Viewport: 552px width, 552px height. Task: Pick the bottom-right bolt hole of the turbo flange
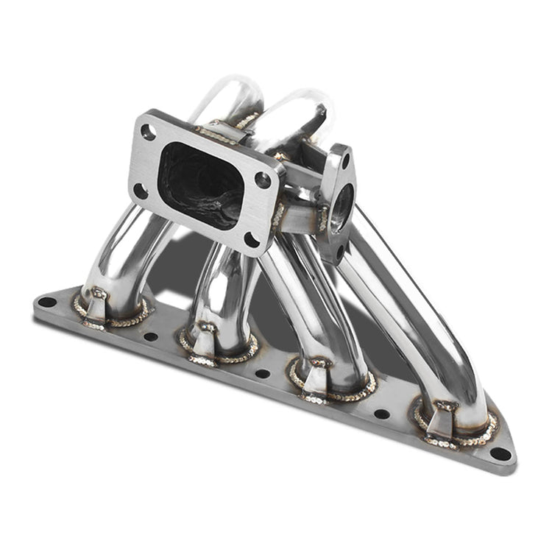point(252,239)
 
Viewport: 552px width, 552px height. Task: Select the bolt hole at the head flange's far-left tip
point(46,301)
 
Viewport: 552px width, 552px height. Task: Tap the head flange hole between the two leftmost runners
point(151,336)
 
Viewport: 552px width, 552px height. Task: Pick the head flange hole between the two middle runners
point(263,373)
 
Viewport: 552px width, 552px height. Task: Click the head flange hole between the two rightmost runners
point(382,414)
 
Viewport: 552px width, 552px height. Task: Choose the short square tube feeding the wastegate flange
point(302,217)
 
